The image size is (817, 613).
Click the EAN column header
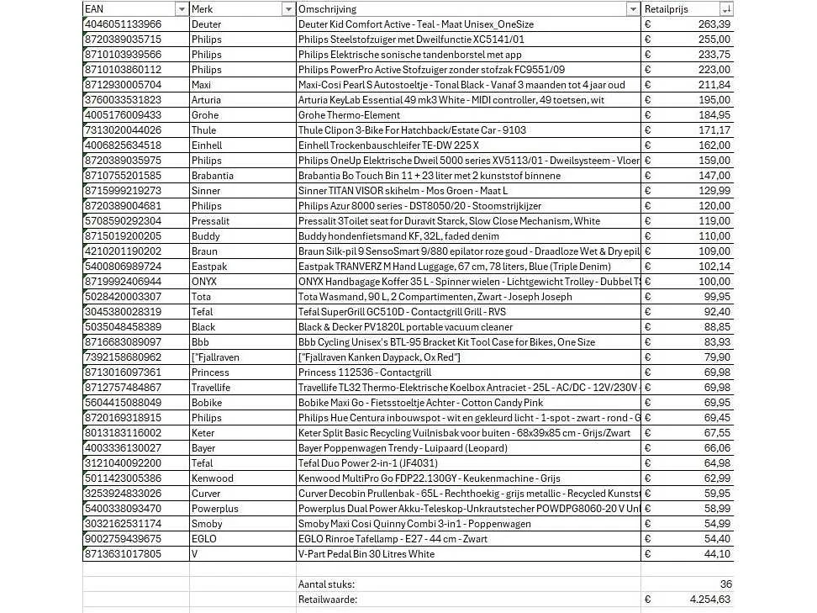click(x=94, y=8)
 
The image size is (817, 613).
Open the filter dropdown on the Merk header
click(x=288, y=9)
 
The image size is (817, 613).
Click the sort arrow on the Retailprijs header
click(x=726, y=9)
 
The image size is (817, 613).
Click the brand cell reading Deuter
click(x=207, y=24)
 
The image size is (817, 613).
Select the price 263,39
click(x=714, y=24)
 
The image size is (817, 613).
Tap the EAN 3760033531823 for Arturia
click(x=124, y=100)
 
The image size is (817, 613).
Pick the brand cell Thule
click(x=204, y=130)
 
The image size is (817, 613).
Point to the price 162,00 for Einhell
click(x=714, y=145)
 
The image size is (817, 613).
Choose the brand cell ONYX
click(x=204, y=282)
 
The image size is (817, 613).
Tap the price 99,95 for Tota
click(x=717, y=297)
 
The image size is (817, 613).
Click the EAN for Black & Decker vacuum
click(x=124, y=327)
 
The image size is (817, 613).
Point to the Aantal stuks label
click(x=326, y=584)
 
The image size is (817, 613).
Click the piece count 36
click(x=725, y=584)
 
